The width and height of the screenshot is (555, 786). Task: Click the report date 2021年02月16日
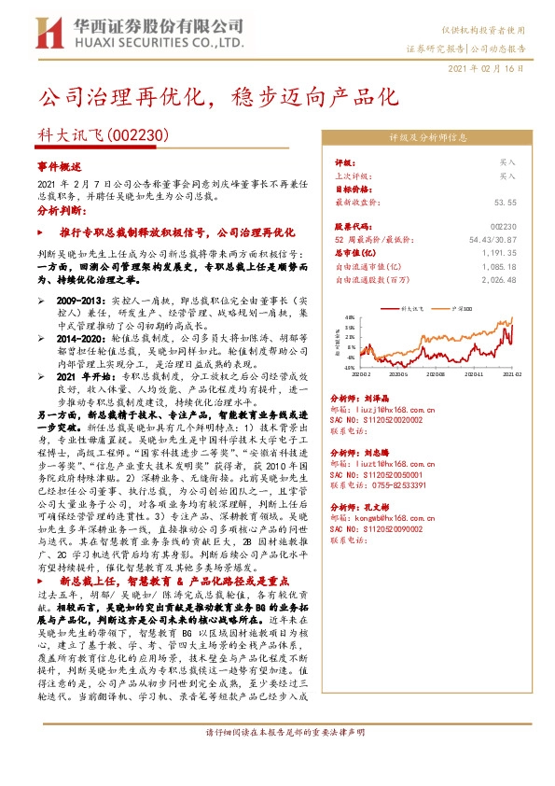tap(485, 69)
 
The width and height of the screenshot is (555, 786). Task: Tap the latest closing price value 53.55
tap(506, 202)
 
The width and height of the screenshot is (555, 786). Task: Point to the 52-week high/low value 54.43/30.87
tap(493, 240)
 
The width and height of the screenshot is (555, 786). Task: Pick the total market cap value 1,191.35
tap(500, 252)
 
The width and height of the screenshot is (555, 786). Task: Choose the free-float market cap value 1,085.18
tap(500, 265)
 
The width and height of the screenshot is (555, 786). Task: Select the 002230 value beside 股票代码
tap(503, 227)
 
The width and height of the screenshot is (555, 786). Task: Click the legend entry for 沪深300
tap(464, 306)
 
